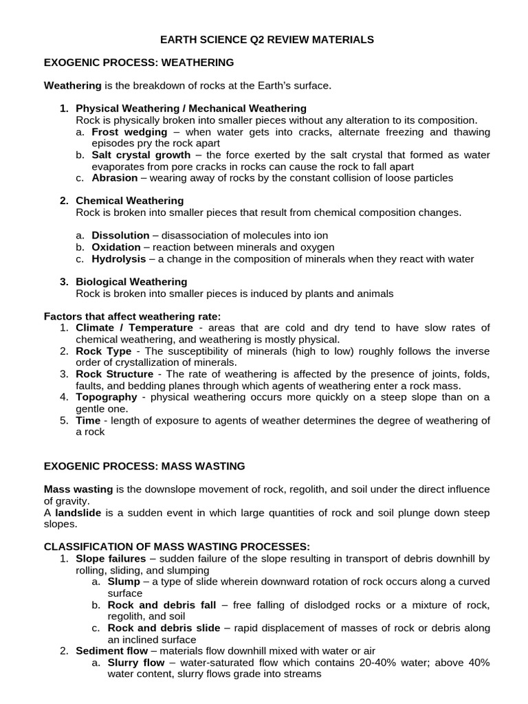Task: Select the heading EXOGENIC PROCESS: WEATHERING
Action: click(139, 63)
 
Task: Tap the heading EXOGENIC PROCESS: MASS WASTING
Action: click(144, 466)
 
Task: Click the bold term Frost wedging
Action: click(129, 132)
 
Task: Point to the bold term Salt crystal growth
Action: click(141, 155)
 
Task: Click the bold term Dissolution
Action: click(120, 236)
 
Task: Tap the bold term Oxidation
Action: click(117, 247)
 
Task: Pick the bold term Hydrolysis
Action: click(119, 259)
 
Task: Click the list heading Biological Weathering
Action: click(131, 282)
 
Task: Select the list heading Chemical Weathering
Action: click(129, 201)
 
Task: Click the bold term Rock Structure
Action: click(114, 374)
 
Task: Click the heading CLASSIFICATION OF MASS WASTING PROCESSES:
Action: click(177, 547)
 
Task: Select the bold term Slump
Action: click(124, 582)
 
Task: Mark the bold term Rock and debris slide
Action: click(164, 628)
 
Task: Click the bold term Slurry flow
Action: click(136, 663)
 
